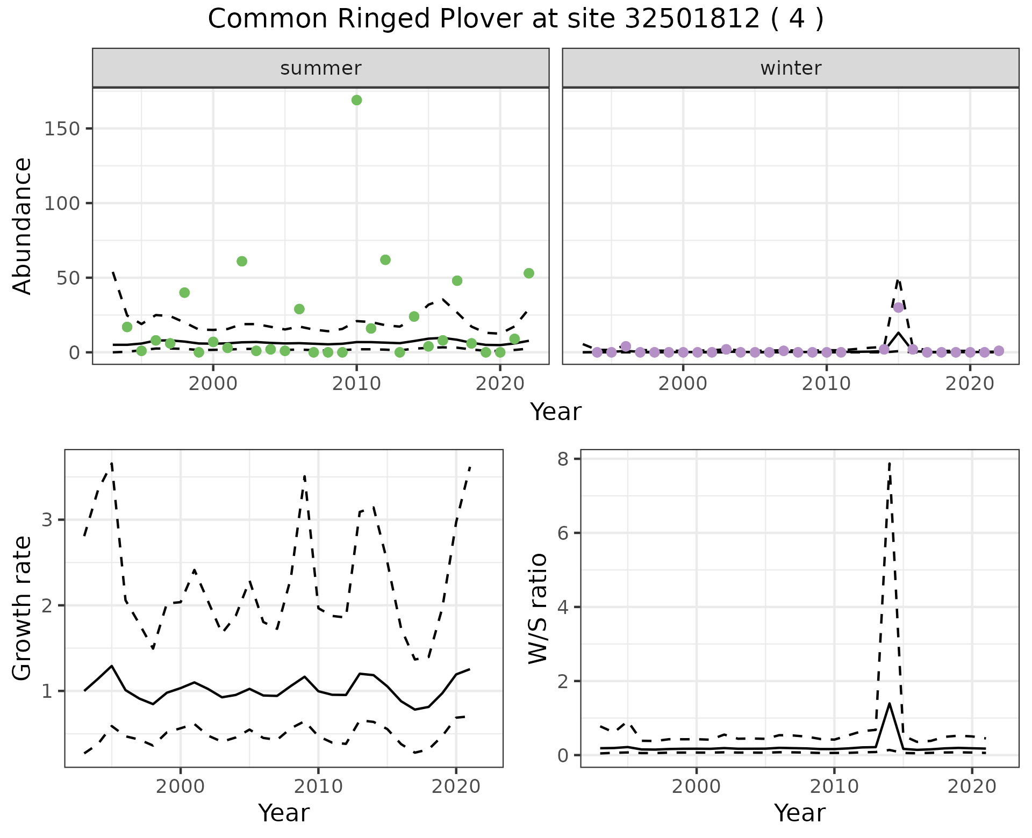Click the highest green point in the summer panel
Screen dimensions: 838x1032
click(x=356, y=100)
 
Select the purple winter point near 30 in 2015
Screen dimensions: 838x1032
click(x=898, y=307)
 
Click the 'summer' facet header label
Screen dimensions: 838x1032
click(x=321, y=68)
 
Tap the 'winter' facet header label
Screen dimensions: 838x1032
click(x=791, y=68)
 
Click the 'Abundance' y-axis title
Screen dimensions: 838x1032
click(x=23, y=226)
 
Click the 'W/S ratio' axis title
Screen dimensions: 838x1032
click(x=538, y=608)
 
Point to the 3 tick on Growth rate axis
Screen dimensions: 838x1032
click(x=48, y=520)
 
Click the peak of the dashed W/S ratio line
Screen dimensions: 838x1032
click(x=890, y=462)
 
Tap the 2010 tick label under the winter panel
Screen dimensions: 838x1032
click(x=826, y=384)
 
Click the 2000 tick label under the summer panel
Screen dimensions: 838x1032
click(x=213, y=384)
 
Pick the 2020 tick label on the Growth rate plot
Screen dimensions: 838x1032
click(x=456, y=786)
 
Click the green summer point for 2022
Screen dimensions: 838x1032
click(x=528, y=273)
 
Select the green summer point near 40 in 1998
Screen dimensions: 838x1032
click(x=184, y=293)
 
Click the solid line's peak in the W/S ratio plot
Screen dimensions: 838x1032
click(x=890, y=704)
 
